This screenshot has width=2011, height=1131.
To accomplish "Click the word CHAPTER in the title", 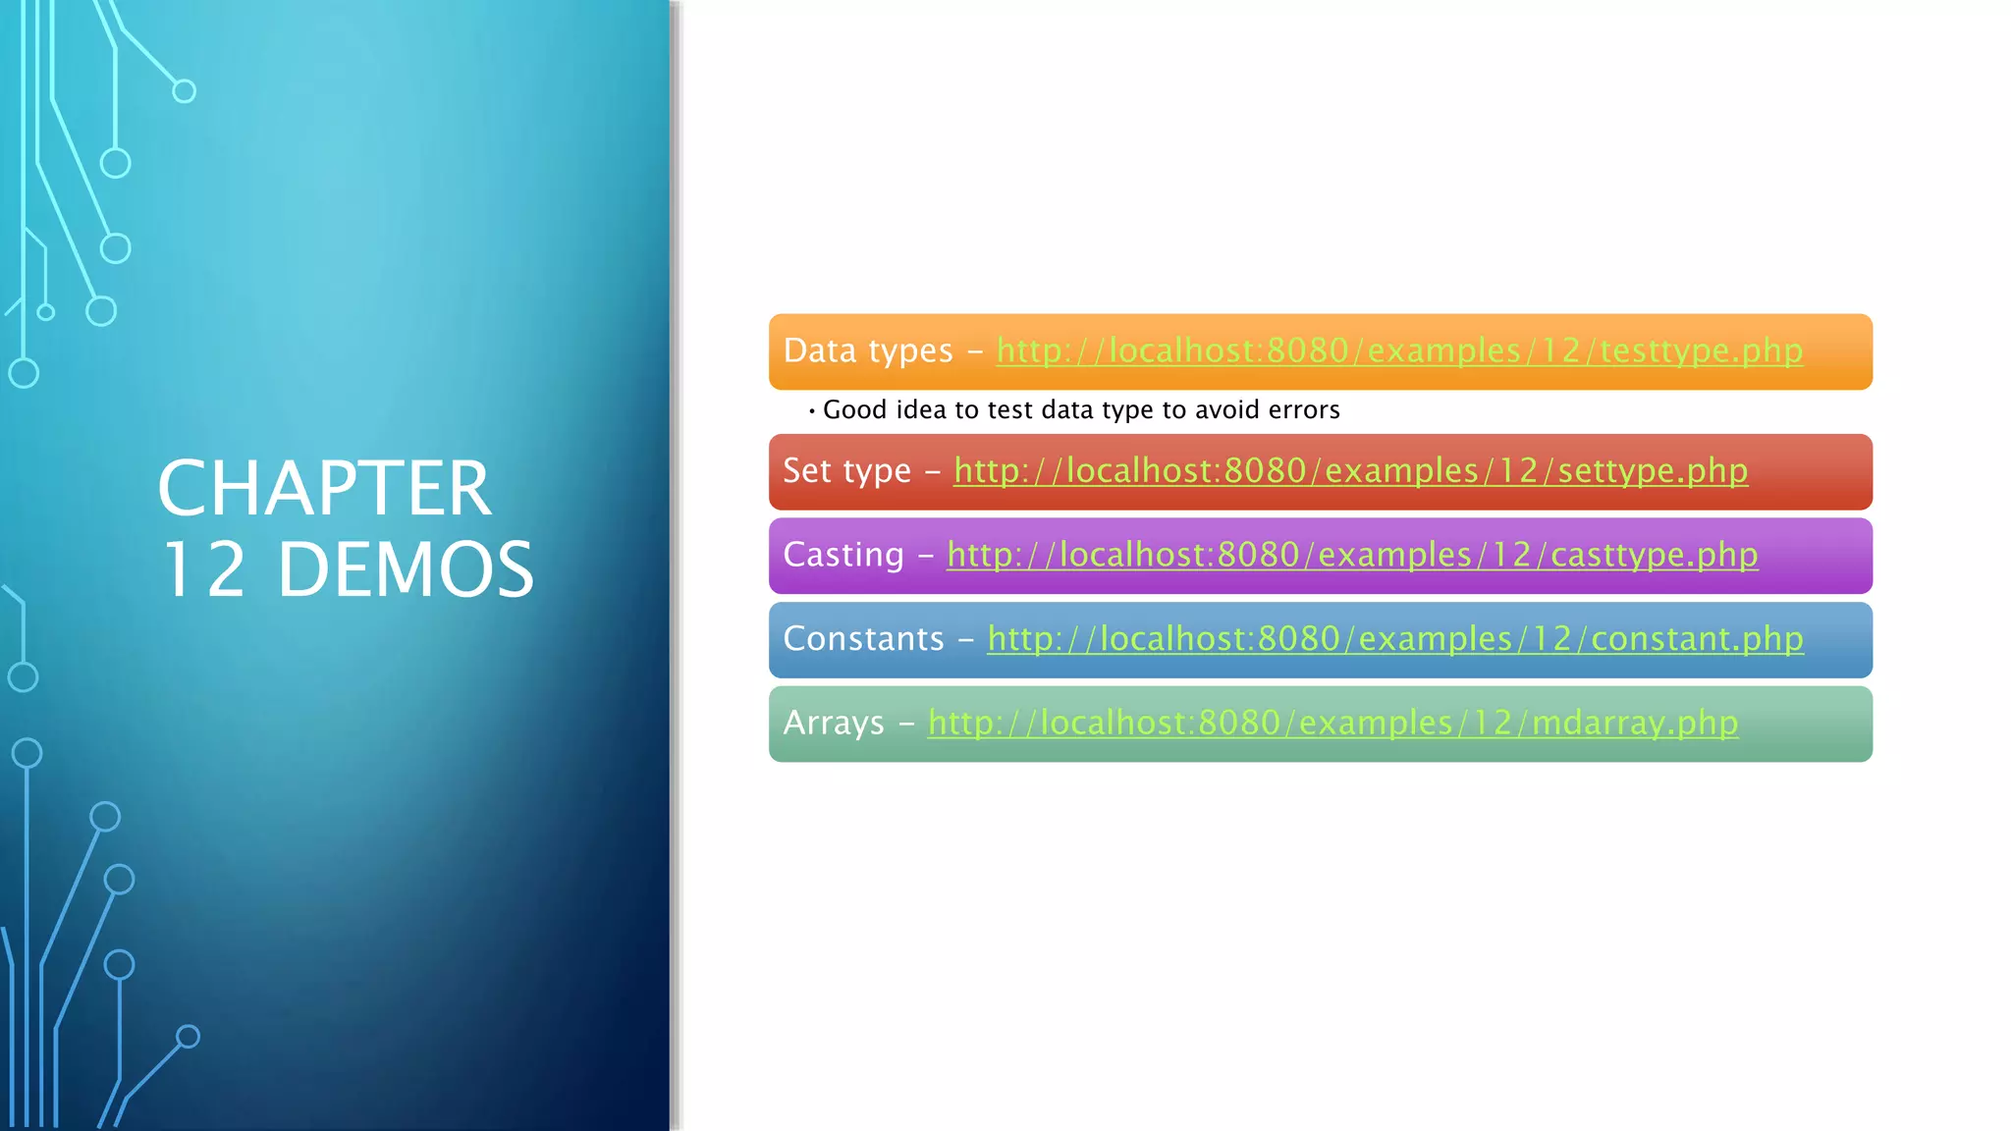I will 324,489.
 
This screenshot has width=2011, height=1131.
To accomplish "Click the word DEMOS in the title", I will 406,570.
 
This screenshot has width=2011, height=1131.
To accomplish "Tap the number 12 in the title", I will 203,570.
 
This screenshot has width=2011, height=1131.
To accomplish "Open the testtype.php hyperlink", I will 1399,350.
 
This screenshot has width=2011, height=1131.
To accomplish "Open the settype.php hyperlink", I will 1350,471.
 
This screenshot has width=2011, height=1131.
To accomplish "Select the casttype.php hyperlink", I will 1352,555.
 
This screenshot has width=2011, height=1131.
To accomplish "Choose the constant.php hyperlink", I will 1394,639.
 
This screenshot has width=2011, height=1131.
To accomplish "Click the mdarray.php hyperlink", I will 1332,724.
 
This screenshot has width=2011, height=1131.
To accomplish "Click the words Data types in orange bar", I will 868,350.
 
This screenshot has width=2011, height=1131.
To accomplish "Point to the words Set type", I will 846,471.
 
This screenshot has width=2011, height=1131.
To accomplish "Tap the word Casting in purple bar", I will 843,555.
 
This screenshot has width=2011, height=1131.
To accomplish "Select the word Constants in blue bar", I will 863,639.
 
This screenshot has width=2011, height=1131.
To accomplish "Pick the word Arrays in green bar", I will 834,724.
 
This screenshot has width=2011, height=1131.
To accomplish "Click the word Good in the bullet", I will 854,410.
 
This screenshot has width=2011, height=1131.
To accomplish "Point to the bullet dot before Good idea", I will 812,411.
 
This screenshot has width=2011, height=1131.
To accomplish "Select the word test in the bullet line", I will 1010,410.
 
